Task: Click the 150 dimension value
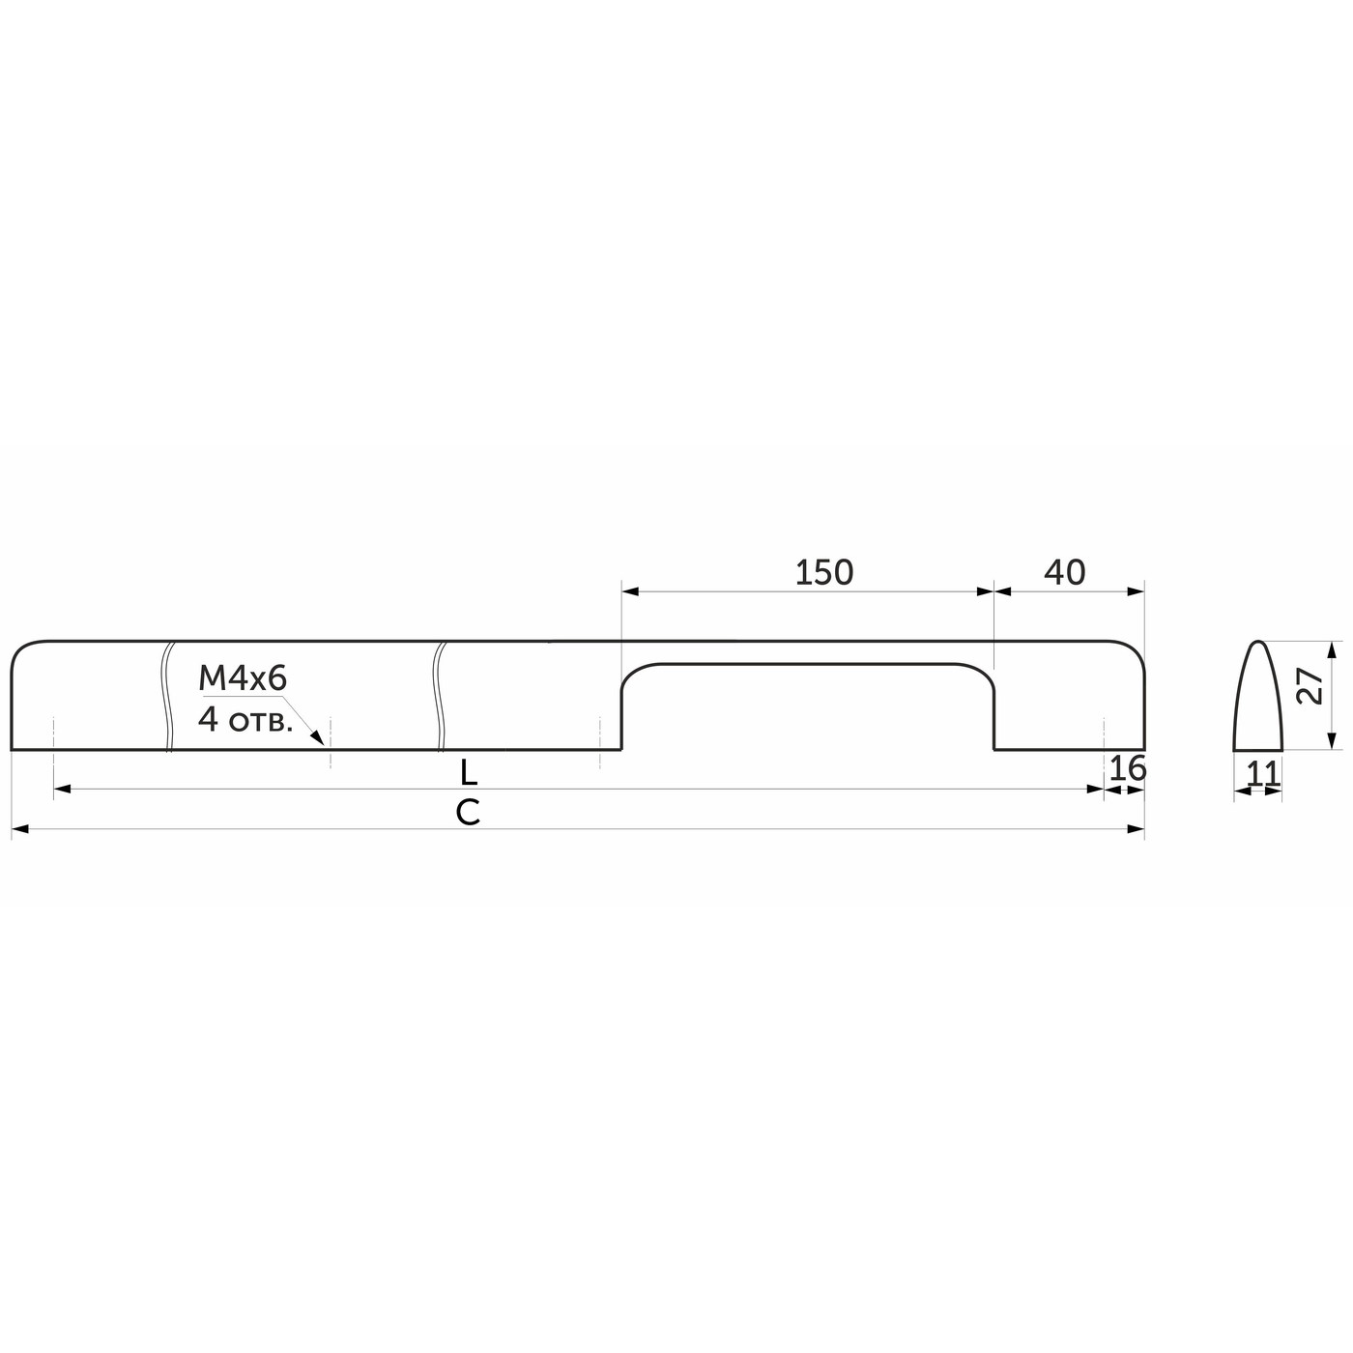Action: (823, 573)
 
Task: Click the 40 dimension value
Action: (1065, 573)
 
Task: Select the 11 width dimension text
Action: (1262, 773)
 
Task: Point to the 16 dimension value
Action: (1127, 768)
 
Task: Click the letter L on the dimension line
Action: (469, 772)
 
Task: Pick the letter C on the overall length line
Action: (468, 813)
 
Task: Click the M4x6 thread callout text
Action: (243, 679)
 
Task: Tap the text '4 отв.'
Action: (245, 719)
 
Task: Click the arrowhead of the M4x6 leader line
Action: (318, 739)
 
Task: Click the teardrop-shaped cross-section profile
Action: (1258, 701)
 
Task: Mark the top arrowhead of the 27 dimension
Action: (1331, 648)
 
